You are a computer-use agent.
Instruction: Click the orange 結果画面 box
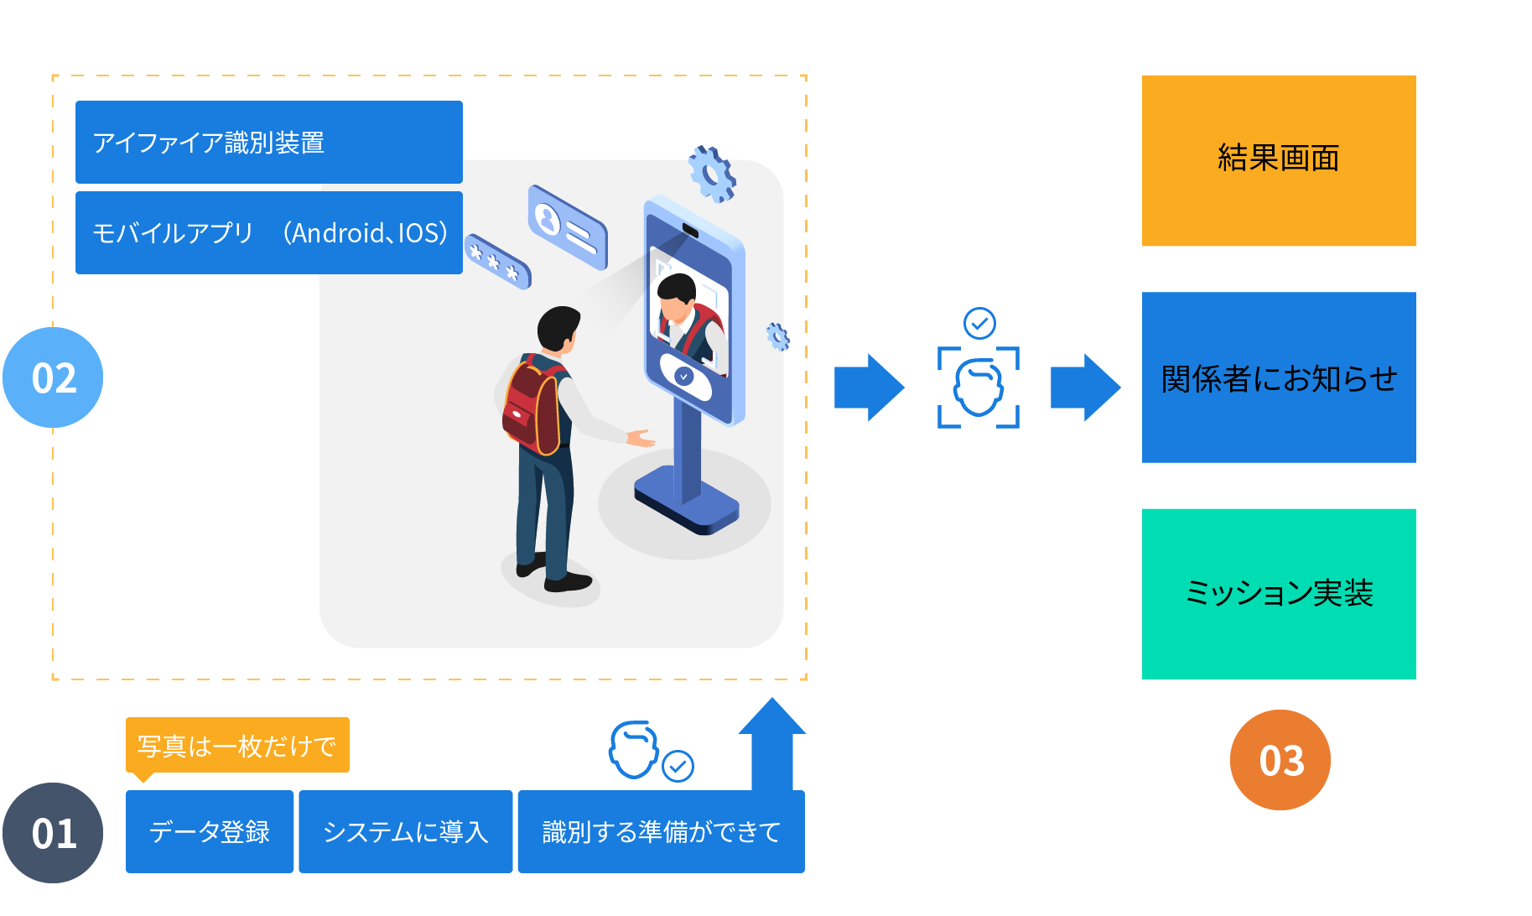pyautogui.click(x=1278, y=160)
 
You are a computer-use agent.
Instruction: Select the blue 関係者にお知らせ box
pyautogui.click(x=1278, y=377)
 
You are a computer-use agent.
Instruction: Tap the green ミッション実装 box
pyautogui.click(x=1278, y=593)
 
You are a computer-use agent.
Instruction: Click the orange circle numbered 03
pyautogui.click(x=1280, y=760)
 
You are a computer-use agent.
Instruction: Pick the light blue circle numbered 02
pyautogui.click(x=53, y=377)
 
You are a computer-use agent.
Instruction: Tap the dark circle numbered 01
pyautogui.click(x=53, y=832)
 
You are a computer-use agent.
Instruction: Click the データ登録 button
pyautogui.click(x=210, y=831)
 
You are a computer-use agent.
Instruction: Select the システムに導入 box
pyautogui.click(x=405, y=831)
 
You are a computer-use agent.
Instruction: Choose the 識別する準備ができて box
pyautogui.click(x=661, y=831)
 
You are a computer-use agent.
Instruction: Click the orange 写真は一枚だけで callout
pyautogui.click(x=236, y=745)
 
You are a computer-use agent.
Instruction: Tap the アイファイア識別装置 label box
pyautogui.click(x=268, y=142)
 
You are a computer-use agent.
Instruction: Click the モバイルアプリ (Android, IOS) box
pyautogui.click(x=268, y=232)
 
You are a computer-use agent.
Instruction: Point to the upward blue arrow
pyautogui.click(x=772, y=742)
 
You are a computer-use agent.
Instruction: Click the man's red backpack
pyautogui.click(x=532, y=407)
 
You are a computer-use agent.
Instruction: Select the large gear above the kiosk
pyautogui.click(x=712, y=174)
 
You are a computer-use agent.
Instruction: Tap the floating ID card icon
pyautogui.click(x=568, y=226)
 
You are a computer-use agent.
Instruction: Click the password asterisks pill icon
pyautogui.click(x=498, y=261)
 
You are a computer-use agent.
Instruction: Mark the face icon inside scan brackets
pyautogui.click(x=978, y=388)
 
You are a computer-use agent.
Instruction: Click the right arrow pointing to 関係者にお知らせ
pyautogui.click(x=1085, y=387)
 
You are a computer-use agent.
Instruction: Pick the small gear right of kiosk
pyautogui.click(x=778, y=336)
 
